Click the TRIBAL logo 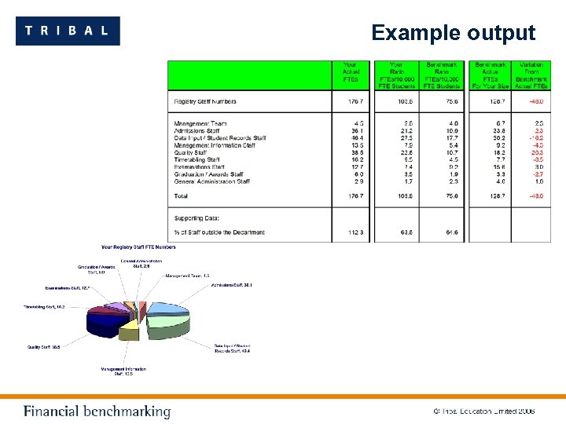click(x=68, y=31)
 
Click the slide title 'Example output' click(x=453, y=33)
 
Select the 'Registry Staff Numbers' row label click(x=205, y=101)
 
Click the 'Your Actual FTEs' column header click(x=350, y=72)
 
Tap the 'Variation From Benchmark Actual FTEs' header click(x=532, y=72)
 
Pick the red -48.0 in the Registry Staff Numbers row click(x=535, y=101)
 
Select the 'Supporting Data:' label click(x=197, y=217)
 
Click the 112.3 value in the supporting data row click(x=358, y=232)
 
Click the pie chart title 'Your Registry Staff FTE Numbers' click(x=139, y=247)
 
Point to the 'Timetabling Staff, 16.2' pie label click(x=45, y=307)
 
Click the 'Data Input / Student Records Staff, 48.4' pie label click(x=232, y=348)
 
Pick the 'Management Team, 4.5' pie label click(x=187, y=276)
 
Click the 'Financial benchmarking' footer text click(x=97, y=411)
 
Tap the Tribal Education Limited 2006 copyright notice click(x=484, y=411)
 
